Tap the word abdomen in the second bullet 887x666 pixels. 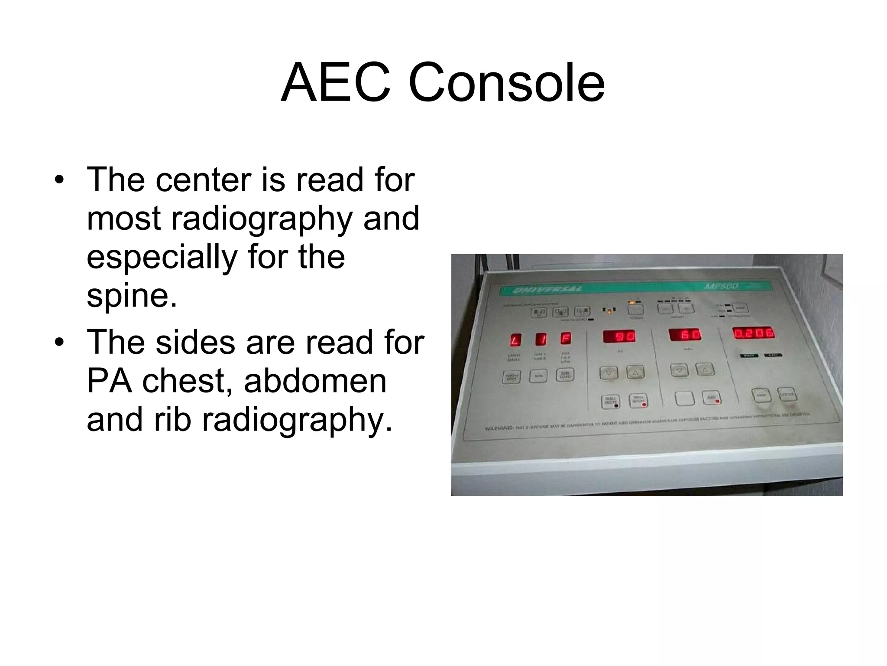point(315,381)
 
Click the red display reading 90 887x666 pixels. point(619,337)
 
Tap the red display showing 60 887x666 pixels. point(686,335)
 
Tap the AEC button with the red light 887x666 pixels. point(711,398)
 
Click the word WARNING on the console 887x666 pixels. point(499,428)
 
